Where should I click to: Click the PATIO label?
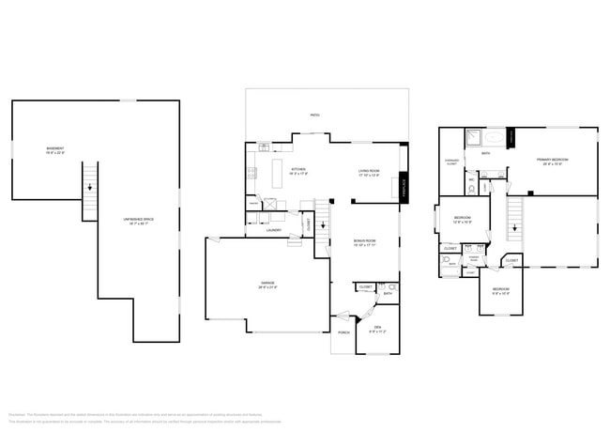click(x=314, y=116)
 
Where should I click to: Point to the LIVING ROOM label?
click(x=368, y=172)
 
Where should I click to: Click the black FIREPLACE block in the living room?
click(x=404, y=180)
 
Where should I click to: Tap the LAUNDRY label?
click(x=274, y=229)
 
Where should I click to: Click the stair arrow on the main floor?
click(x=323, y=225)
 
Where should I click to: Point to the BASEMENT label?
click(x=55, y=149)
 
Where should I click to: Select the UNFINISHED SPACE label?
click(x=137, y=221)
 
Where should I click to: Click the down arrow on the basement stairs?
click(x=90, y=188)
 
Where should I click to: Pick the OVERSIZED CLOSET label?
click(x=452, y=162)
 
